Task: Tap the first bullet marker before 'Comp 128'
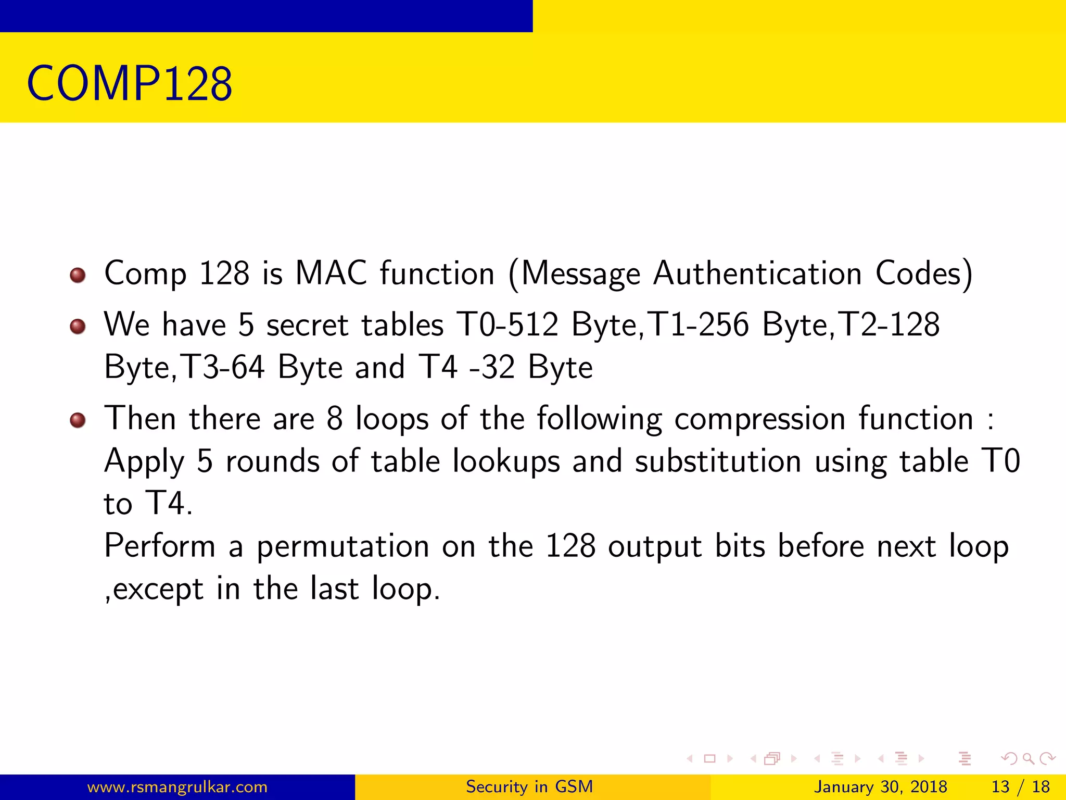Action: [x=78, y=274]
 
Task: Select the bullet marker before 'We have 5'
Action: [x=78, y=326]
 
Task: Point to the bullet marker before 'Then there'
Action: [x=78, y=420]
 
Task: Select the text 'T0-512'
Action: [x=507, y=324]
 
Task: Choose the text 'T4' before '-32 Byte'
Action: [x=438, y=367]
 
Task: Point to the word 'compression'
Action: [x=760, y=419]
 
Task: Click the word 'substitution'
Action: [x=718, y=461]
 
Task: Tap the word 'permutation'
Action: [x=343, y=547]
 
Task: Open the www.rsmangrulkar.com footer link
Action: [x=177, y=786]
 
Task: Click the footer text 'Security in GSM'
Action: [x=529, y=786]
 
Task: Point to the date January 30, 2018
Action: [x=881, y=786]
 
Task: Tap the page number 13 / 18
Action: [x=1020, y=786]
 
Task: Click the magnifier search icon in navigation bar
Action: [x=1028, y=759]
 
